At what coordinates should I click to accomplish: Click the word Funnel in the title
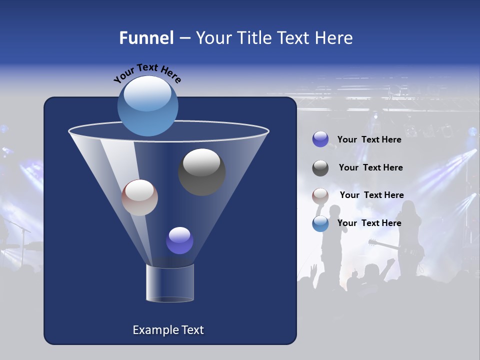(146, 38)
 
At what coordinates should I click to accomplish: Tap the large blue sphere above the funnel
(148, 105)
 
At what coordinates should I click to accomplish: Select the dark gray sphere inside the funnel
(201, 172)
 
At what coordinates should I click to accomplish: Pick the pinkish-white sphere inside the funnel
(139, 197)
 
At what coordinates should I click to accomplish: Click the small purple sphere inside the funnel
(179, 240)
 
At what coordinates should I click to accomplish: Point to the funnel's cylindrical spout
(170, 283)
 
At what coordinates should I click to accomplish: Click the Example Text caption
(168, 330)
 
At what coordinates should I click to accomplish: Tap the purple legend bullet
(320, 139)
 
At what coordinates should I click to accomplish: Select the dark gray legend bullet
(320, 168)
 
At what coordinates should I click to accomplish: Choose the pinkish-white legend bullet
(320, 195)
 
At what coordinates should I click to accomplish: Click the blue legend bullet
(320, 223)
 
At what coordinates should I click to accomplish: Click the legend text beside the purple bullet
(369, 139)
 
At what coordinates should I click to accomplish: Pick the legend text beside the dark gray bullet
(370, 167)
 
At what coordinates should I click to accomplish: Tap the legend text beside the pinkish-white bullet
(371, 195)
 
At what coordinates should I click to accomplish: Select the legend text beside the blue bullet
(369, 223)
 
